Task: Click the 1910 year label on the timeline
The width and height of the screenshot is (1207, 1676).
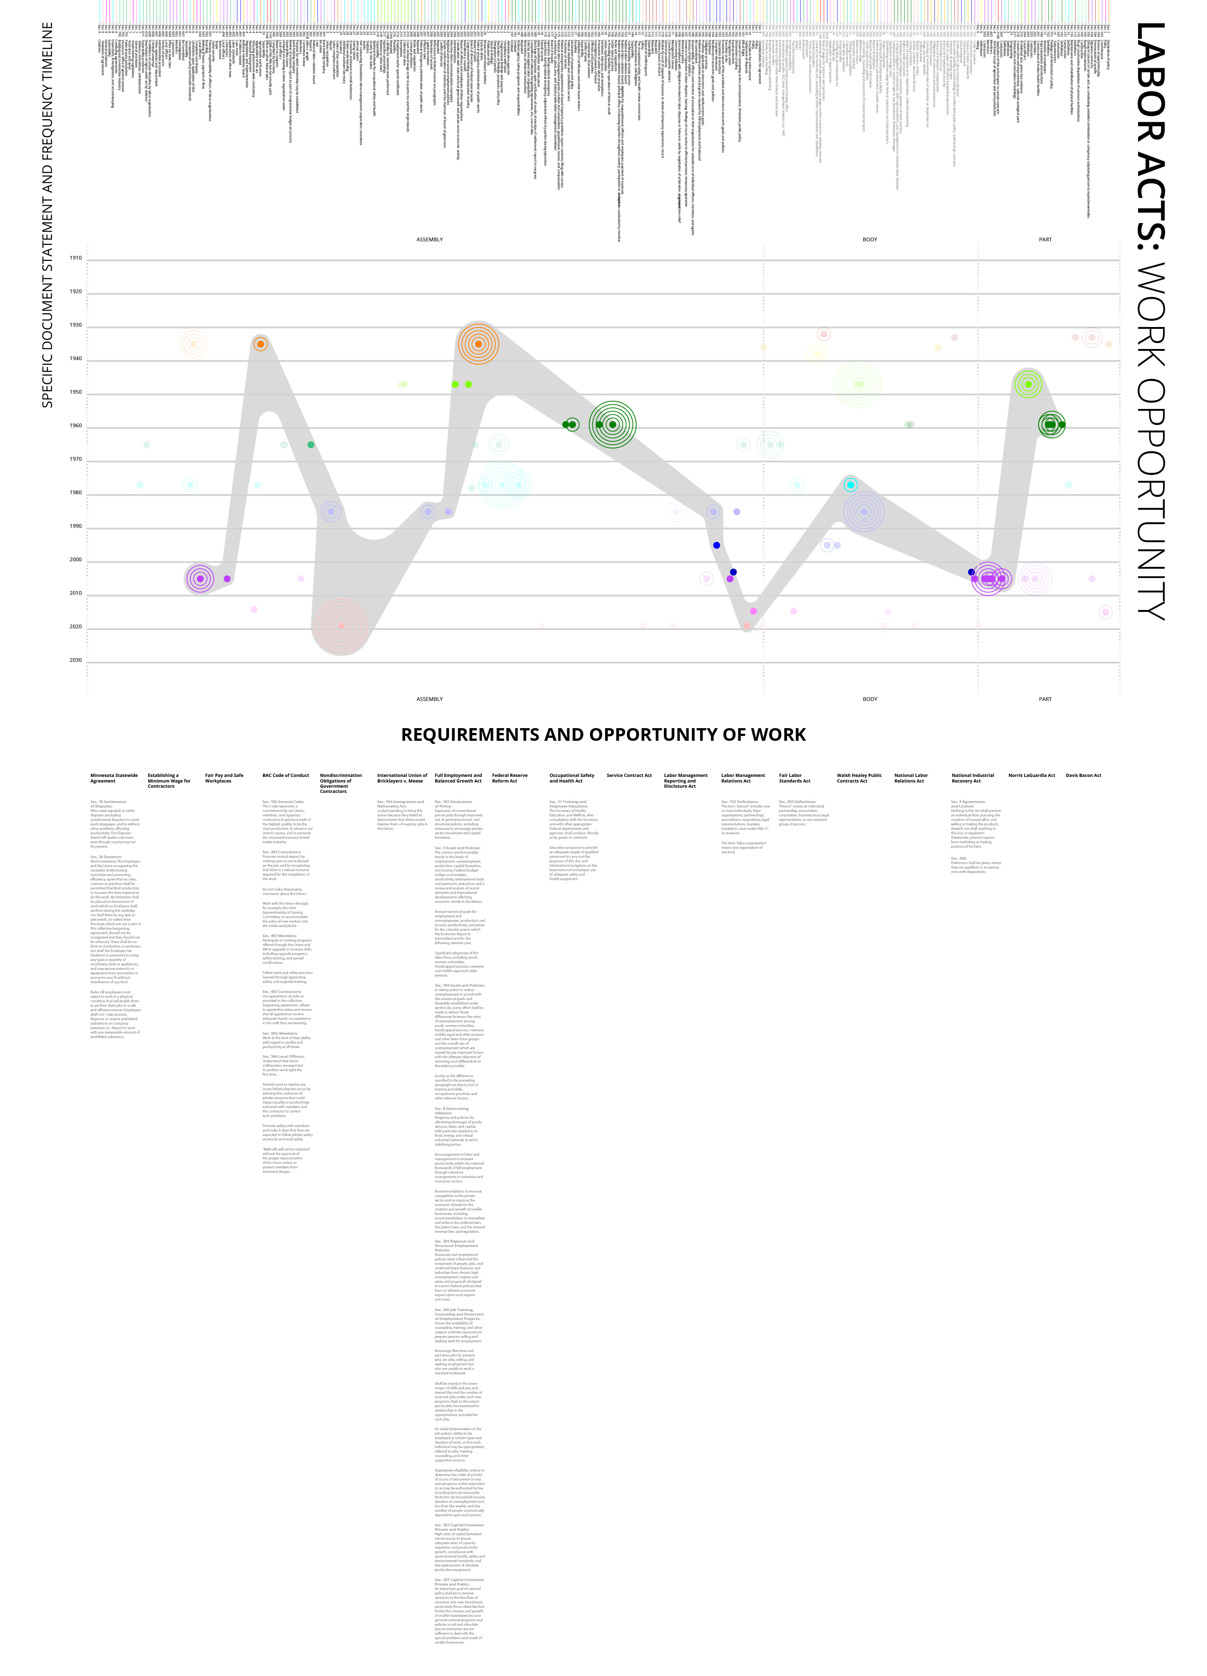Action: point(75,258)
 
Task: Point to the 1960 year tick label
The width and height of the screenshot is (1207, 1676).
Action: point(75,426)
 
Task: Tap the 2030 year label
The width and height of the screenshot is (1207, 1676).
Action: point(75,660)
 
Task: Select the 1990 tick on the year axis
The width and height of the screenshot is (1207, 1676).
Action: point(75,526)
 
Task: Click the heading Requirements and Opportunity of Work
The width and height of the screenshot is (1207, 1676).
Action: point(603,734)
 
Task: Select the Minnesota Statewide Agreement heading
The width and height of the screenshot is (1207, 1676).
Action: point(114,778)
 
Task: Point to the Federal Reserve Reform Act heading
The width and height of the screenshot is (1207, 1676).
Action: point(509,778)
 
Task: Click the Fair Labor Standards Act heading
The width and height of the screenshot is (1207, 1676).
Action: point(795,778)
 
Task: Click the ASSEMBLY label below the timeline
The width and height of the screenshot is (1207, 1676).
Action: point(430,699)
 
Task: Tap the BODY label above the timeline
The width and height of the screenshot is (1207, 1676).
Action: point(870,239)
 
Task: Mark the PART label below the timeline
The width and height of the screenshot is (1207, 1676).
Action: point(1045,699)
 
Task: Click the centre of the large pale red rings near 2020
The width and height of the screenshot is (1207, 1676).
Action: point(341,626)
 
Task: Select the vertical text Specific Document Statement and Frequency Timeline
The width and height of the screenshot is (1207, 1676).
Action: point(47,214)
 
